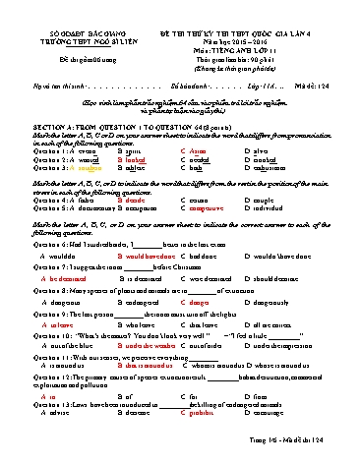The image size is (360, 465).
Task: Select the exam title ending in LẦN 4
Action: tap(250, 14)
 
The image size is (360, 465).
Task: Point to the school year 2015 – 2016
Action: tap(250, 23)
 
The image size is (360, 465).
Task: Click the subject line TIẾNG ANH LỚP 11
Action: tap(250, 30)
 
